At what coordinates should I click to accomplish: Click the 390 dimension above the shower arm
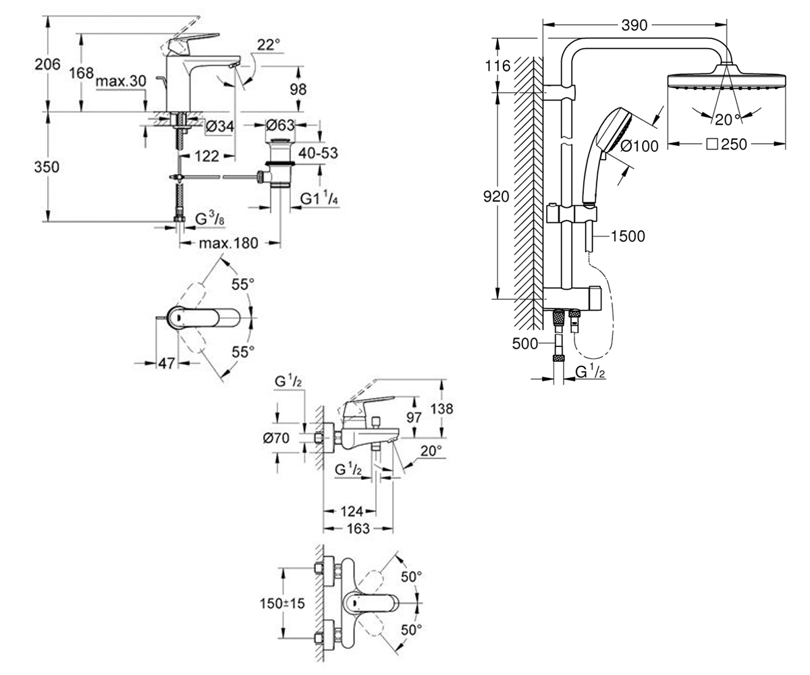(x=634, y=25)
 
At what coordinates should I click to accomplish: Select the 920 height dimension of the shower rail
(x=496, y=196)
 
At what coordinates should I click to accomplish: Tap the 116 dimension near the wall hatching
(x=497, y=66)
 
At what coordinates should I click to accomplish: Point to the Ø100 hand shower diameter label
(x=639, y=146)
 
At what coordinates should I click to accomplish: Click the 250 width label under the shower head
(x=726, y=144)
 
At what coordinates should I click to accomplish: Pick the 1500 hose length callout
(x=628, y=236)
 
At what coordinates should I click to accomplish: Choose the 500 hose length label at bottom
(x=525, y=344)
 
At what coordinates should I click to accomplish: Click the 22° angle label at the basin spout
(x=269, y=45)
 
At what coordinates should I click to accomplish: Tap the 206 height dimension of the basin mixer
(x=48, y=64)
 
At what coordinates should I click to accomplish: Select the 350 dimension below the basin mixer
(x=47, y=167)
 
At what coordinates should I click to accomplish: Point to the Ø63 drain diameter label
(x=280, y=126)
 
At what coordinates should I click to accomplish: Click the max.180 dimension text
(x=229, y=243)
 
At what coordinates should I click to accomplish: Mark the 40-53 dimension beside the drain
(x=318, y=153)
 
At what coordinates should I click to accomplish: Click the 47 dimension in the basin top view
(x=167, y=364)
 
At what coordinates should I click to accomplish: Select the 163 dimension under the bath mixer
(x=358, y=529)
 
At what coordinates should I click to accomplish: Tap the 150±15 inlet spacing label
(x=282, y=603)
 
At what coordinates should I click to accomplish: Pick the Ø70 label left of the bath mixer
(x=276, y=438)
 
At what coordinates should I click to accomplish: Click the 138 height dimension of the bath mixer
(x=442, y=408)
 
